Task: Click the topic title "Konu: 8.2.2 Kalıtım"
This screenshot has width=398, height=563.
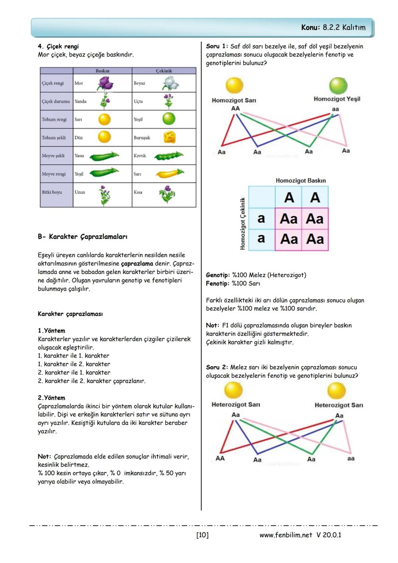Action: [x=333, y=27]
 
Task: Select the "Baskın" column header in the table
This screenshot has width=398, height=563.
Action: [x=102, y=71]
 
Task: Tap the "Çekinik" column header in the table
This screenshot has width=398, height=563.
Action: [x=164, y=71]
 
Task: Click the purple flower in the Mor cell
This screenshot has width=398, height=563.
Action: [x=105, y=83]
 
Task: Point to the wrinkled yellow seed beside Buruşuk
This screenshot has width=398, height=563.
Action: [x=169, y=138]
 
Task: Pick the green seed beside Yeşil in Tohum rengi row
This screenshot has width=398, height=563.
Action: [x=169, y=119]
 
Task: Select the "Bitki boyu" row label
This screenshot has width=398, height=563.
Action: [x=52, y=192]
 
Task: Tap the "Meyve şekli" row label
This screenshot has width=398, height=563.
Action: [x=53, y=156]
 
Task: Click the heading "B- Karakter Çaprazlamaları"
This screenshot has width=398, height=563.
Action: [x=83, y=237]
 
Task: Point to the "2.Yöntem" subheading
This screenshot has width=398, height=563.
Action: [x=52, y=398]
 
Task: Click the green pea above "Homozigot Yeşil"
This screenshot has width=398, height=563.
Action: [x=338, y=86]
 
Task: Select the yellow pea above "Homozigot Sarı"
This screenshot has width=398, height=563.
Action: [x=234, y=86]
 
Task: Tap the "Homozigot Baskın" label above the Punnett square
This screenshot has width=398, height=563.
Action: [x=301, y=181]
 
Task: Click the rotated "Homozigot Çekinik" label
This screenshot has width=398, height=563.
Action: [x=242, y=223]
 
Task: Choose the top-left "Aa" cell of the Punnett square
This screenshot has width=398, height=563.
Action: [x=289, y=219]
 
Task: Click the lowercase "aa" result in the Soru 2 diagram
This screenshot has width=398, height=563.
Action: [x=350, y=458]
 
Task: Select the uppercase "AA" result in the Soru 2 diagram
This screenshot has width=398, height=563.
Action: [x=220, y=458]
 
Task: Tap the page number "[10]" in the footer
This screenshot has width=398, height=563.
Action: [x=202, y=535]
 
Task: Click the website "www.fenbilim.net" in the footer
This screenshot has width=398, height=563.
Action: [x=286, y=535]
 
